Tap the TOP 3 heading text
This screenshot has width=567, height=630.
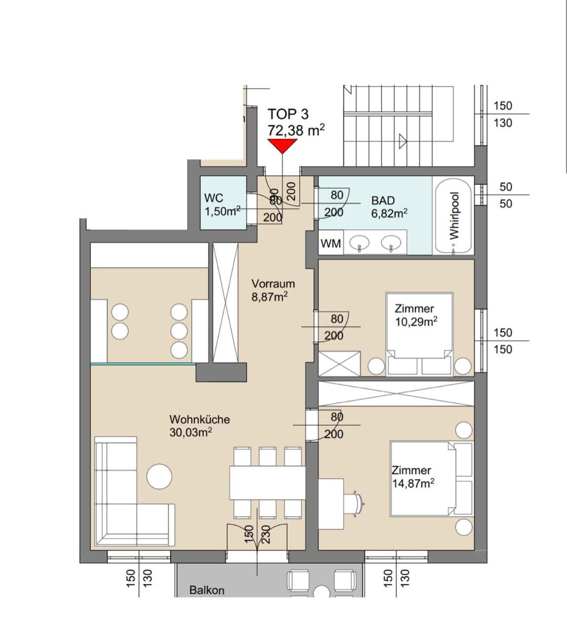[x=288, y=114]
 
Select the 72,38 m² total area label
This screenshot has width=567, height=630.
[x=296, y=130]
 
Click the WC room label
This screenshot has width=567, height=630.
[x=214, y=198]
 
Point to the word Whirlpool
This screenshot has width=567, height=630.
[x=454, y=215]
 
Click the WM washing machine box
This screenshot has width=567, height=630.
[x=331, y=244]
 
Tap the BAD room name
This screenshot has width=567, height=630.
[x=383, y=201]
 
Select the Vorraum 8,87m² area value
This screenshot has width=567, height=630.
[x=269, y=297]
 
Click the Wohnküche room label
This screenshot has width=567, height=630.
[x=199, y=419]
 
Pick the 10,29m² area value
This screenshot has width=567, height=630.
[x=416, y=322]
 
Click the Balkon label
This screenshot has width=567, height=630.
[x=207, y=590]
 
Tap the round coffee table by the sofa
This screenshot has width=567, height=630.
[x=159, y=476]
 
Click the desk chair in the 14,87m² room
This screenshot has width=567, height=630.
[x=354, y=504]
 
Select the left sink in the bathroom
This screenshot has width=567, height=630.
[x=359, y=243]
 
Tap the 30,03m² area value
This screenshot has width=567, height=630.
[x=191, y=433]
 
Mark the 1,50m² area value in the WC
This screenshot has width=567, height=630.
[x=223, y=212]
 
